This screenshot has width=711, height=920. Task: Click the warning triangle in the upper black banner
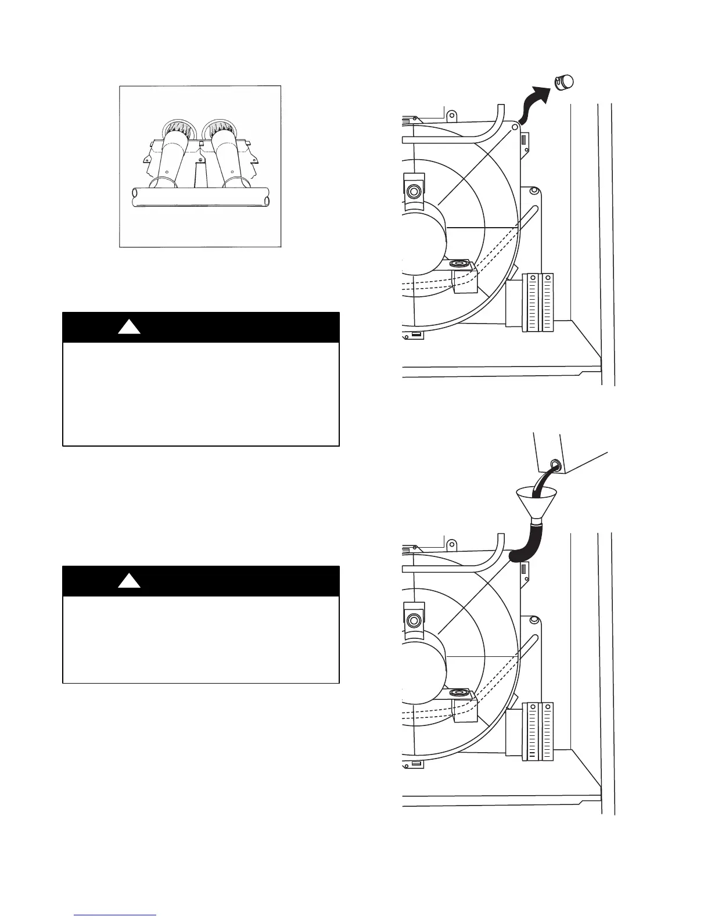tap(129, 328)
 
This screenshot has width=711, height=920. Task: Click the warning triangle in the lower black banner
tap(129, 581)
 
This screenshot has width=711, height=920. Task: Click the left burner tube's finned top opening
tap(175, 127)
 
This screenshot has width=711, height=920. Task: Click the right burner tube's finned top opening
tap(220, 127)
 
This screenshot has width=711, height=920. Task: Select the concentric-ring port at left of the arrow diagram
tap(414, 191)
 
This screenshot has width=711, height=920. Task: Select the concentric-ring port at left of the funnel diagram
tap(414, 621)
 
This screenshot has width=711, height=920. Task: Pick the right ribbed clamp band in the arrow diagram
tap(547, 302)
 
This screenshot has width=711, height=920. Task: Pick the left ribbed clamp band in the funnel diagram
tap(531, 731)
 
